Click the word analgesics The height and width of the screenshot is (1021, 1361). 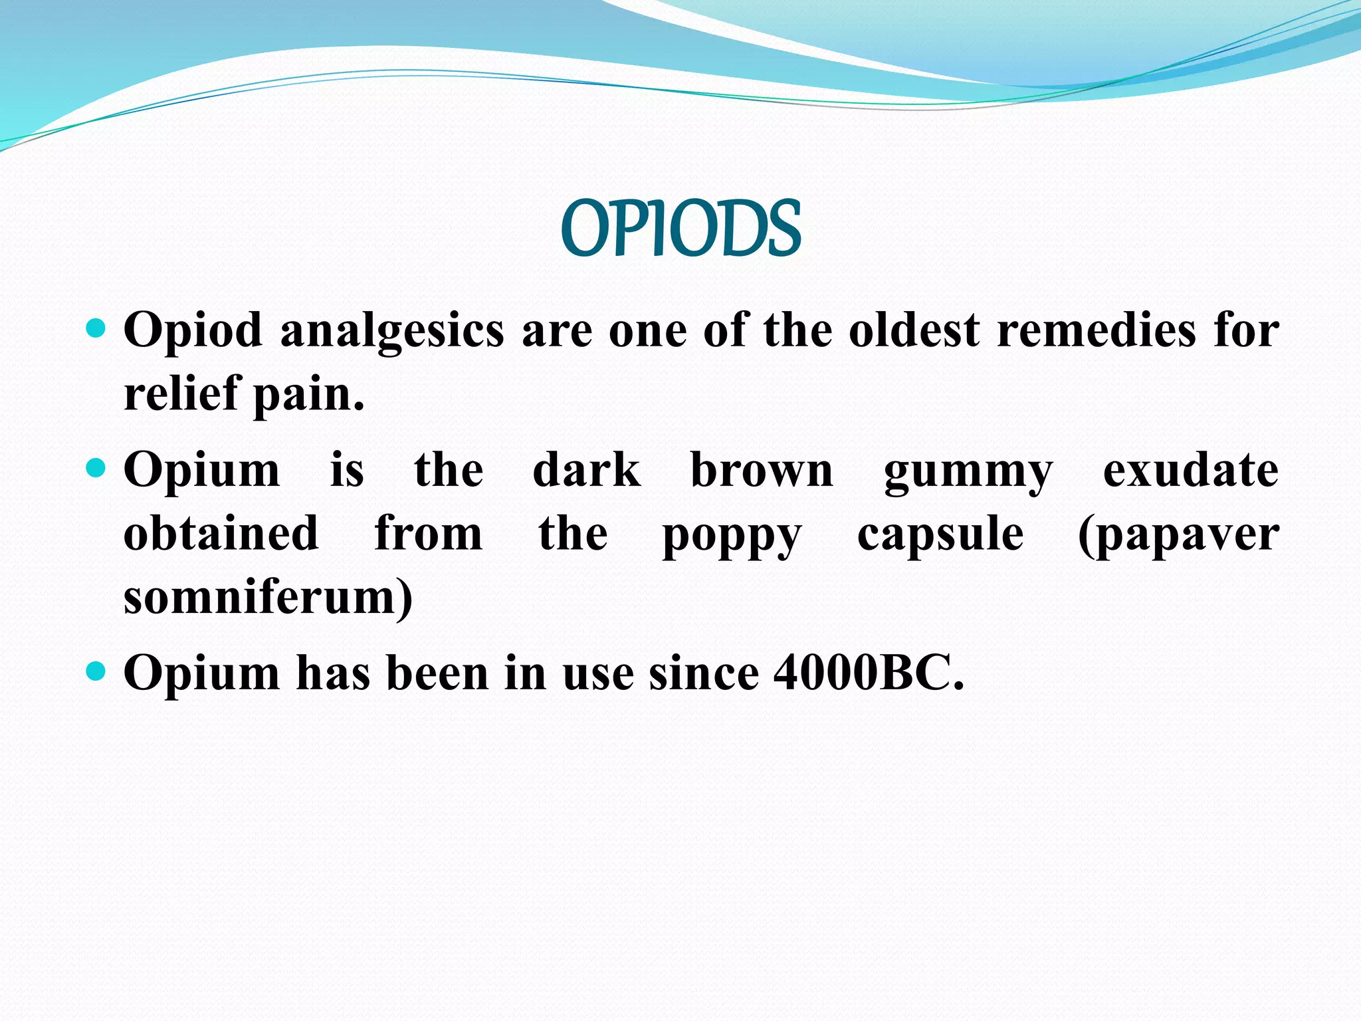[392, 330]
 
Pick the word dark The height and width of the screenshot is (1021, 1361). [587, 470]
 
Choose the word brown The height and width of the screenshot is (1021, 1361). [762, 470]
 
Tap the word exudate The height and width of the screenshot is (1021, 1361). [1191, 470]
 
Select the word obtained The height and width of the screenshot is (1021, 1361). [221, 533]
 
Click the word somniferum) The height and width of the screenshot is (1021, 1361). [268, 596]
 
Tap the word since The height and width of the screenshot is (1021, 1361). [704, 673]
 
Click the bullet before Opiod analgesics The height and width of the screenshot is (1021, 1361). [96, 328]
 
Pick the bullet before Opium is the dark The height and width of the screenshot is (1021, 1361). [96, 468]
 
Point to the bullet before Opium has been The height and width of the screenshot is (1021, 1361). [96, 671]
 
